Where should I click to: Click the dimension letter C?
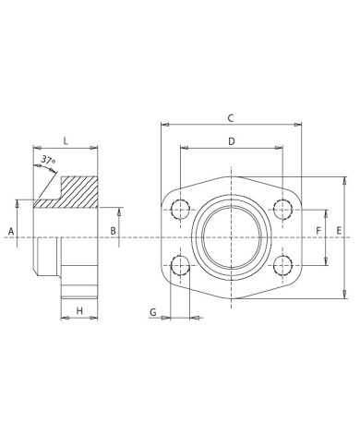(231, 116)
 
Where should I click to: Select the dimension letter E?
(340, 229)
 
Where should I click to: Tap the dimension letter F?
(318, 229)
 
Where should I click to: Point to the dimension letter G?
(152, 313)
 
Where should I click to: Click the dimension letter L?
(66, 140)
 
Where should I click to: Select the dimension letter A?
(12, 229)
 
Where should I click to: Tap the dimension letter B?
(113, 229)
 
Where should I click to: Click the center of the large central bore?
(231, 237)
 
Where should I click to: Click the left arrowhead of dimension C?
(164, 124)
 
